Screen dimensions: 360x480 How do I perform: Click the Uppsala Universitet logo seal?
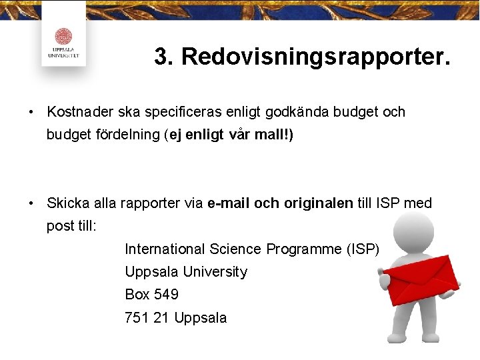coord(63,37)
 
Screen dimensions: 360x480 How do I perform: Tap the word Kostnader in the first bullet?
coord(75,112)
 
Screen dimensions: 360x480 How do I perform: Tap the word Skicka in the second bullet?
coord(65,203)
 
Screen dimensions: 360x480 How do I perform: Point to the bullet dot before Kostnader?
coord(32,112)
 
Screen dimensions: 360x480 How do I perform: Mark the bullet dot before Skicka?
coord(32,203)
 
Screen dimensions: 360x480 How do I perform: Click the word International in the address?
coord(165,249)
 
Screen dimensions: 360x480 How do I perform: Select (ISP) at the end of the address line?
coord(363,249)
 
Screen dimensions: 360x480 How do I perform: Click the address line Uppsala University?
coord(186,272)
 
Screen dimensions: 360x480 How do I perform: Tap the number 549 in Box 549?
coord(166,295)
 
